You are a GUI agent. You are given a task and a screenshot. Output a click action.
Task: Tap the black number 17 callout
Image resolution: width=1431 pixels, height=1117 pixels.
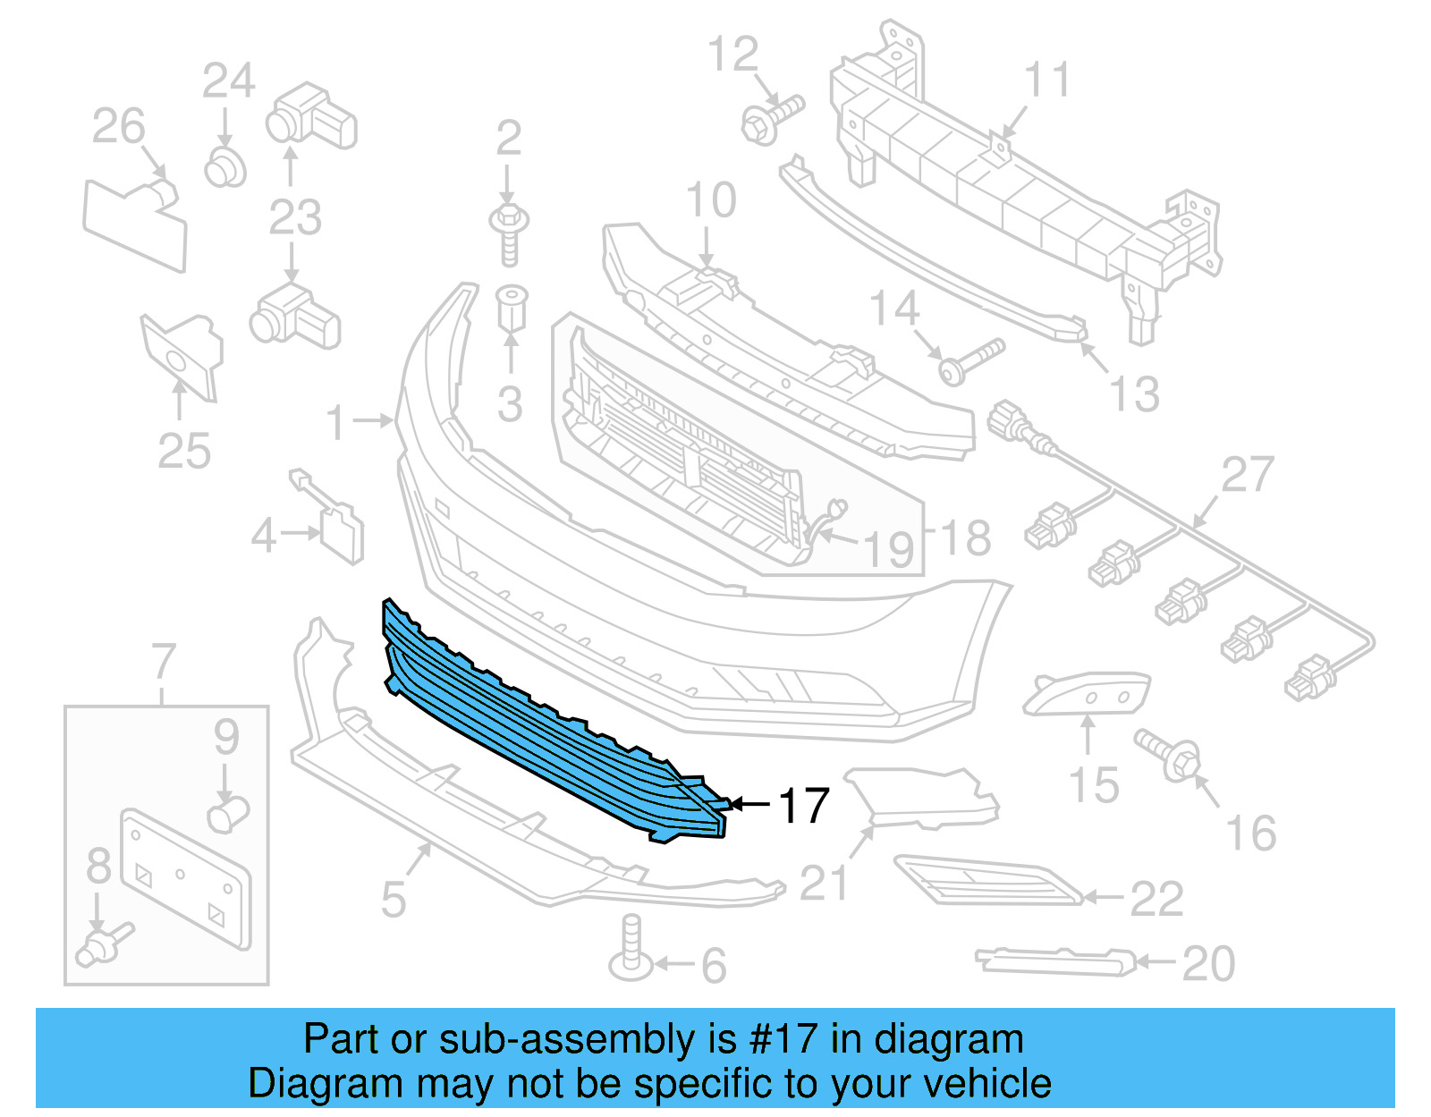coord(804,807)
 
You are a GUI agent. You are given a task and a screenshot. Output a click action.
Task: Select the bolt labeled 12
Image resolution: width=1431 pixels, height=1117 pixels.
coord(771,120)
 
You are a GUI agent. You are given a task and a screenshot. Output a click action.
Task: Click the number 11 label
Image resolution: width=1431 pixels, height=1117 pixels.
coord(1046,80)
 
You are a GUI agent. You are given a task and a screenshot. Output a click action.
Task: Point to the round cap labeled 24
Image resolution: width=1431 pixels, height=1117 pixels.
coord(224,167)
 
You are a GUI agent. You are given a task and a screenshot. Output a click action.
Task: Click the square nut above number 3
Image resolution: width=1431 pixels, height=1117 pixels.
coord(512,308)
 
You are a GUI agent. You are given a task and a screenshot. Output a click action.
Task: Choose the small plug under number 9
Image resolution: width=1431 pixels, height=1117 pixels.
coord(228,815)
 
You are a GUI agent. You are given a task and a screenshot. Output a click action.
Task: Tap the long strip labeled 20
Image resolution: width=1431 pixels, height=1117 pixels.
coord(1055,960)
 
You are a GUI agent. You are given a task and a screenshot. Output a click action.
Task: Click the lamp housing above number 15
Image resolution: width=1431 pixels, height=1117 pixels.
coord(1087,693)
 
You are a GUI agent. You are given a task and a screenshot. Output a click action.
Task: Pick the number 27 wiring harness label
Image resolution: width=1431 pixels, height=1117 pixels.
coord(1247,474)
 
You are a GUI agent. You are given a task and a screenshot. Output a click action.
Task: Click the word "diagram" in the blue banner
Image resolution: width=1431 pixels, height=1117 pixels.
coord(948,1040)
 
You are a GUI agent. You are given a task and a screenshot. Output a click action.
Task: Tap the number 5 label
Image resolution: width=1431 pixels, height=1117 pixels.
coord(394,899)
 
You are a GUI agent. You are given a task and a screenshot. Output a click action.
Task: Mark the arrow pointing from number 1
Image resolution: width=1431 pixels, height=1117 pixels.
coord(372,419)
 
